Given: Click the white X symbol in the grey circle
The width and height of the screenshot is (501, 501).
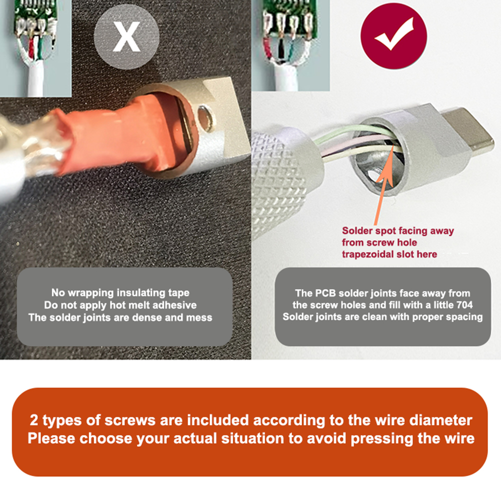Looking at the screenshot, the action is point(126,36).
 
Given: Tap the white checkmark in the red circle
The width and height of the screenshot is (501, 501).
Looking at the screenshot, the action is point(394,34).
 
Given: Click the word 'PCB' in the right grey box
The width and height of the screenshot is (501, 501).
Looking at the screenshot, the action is point(325,293).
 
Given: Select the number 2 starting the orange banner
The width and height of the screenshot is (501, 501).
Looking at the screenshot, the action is point(33,420).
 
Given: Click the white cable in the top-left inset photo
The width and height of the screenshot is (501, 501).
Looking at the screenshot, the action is point(35,80).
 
